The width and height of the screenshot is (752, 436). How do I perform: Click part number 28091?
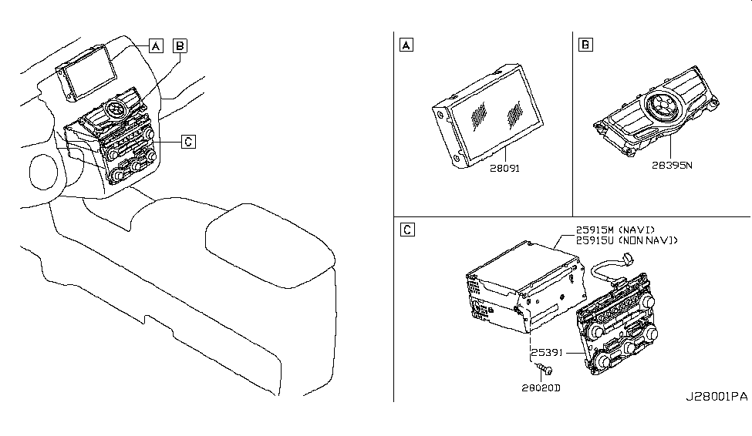click(x=504, y=168)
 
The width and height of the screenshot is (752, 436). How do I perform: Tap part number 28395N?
click(x=672, y=166)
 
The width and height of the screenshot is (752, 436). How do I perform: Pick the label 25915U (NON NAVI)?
click(x=627, y=240)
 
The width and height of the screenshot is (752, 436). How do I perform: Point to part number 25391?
click(x=546, y=353)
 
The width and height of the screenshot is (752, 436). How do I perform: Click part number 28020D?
click(x=541, y=387)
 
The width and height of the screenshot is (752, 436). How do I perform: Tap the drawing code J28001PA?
click(x=717, y=397)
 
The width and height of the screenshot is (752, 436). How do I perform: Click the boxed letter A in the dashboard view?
click(x=156, y=46)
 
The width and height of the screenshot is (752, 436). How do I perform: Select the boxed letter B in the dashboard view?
click(x=180, y=46)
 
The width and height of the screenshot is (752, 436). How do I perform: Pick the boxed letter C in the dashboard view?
click(x=188, y=142)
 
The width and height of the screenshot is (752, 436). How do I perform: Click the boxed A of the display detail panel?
click(x=406, y=45)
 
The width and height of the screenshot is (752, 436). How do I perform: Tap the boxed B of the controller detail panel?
click(x=585, y=45)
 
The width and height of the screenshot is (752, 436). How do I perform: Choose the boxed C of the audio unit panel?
click(x=407, y=230)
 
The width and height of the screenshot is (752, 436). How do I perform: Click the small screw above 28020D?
click(x=545, y=368)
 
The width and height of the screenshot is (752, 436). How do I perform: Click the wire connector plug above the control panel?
click(x=627, y=259)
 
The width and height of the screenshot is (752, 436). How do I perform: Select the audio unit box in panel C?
click(x=525, y=287)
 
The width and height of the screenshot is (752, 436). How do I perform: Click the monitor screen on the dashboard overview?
click(x=89, y=72)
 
